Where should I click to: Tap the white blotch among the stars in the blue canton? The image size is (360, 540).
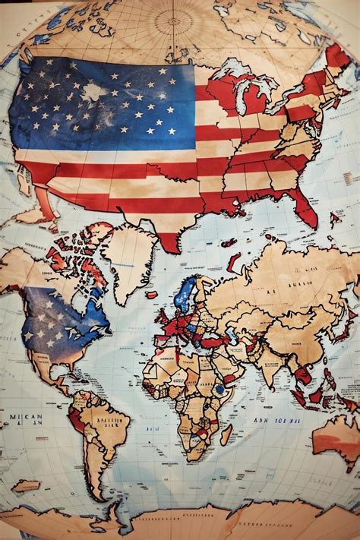click(93, 92)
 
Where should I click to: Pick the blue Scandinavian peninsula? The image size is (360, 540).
click(185, 292)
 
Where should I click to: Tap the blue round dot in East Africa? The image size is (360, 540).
click(220, 390)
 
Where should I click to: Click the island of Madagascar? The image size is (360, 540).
click(226, 434)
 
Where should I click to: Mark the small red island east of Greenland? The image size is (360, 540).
click(152, 295)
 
